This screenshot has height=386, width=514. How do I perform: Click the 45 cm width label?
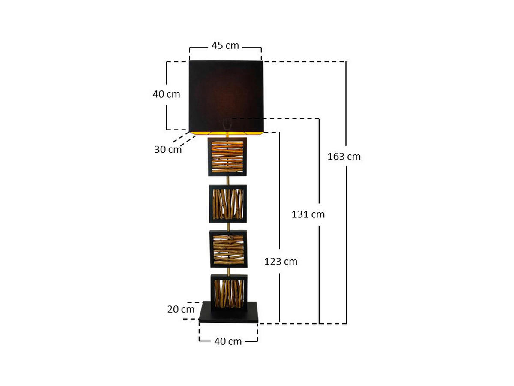[x=225, y=45]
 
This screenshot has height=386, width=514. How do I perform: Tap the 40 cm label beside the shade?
[x=167, y=94]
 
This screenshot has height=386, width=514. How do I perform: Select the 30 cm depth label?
[x=167, y=149]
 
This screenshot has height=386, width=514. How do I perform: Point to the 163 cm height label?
[x=344, y=157]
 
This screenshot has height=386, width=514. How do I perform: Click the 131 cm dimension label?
[x=308, y=214]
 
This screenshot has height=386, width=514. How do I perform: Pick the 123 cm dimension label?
[x=281, y=261]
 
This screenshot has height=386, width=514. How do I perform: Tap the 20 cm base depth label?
[x=181, y=309]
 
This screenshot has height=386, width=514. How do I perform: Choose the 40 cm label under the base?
[x=228, y=341]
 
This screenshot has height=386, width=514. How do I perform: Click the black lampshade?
[x=226, y=94]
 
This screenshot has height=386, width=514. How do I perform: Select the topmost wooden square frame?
[x=227, y=157]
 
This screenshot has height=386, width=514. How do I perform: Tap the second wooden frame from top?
[x=228, y=204]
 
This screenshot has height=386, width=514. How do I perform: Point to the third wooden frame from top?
[x=228, y=249]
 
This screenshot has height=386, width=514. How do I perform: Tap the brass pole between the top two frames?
[x=228, y=181]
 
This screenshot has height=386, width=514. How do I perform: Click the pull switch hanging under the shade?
[x=227, y=124]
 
